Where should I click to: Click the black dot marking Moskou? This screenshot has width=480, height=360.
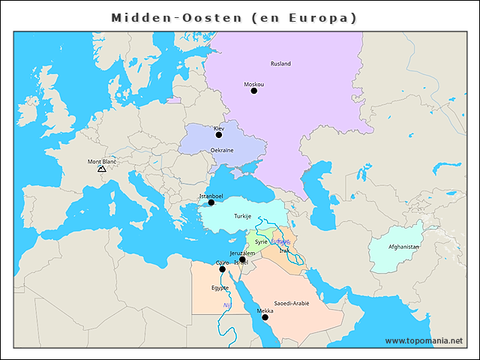[x=253, y=91]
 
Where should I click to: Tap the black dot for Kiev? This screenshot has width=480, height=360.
[x=219, y=135]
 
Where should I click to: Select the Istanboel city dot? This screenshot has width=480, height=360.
[x=211, y=202]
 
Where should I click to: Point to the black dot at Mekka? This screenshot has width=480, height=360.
[x=265, y=317]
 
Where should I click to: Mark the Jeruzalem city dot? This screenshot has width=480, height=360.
[x=242, y=259]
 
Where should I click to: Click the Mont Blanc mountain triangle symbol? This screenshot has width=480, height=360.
[x=101, y=169]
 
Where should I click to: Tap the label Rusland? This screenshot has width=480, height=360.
[x=280, y=64]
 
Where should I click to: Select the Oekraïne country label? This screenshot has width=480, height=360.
[x=221, y=150]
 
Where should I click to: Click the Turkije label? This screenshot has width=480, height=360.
[x=242, y=216]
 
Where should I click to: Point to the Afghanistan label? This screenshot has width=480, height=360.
[x=403, y=247]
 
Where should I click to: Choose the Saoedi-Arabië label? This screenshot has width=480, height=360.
[x=291, y=303]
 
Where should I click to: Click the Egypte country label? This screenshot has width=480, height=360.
[x=220, y=288]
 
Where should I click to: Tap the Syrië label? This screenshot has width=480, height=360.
[x=261, y=241]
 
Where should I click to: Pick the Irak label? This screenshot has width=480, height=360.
[x=283, y=250]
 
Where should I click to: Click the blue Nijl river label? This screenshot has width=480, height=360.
[x=226, y=306]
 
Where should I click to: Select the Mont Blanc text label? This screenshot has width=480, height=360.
[x=102, y=161]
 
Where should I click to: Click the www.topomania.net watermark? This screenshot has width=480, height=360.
[x=424, y=340]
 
